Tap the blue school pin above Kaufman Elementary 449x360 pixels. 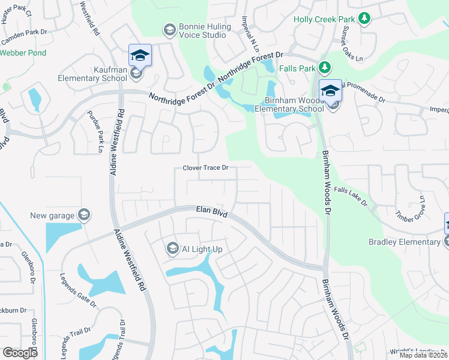coord(140,56)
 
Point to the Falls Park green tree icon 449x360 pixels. coord(325,68)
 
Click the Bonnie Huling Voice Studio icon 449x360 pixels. coord(169,29)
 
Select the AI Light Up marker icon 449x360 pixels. coord(172,248)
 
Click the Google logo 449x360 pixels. coord(20,353)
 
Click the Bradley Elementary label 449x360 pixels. coord(404,242)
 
